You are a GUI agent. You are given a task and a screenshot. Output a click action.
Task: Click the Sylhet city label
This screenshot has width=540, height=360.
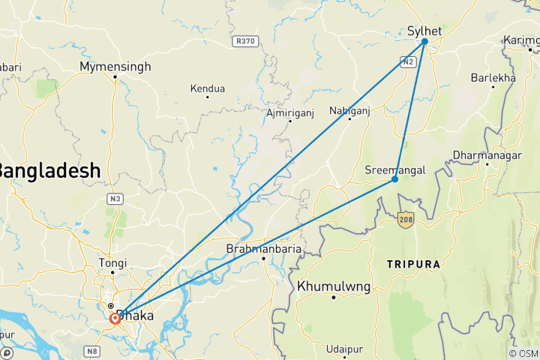pyautogui.click(x=424, y=31)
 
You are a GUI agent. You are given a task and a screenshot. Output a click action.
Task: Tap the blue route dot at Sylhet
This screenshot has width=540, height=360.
pyautogui.click(x=424, y=41)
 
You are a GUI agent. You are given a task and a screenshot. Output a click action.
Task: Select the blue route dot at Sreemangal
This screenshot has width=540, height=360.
pyautogui.click(x=395, y=179)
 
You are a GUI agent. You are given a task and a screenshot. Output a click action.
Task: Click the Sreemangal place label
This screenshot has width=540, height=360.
pyautogui.click(x=394, y=169)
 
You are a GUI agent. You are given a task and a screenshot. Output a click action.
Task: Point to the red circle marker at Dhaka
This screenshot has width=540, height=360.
pyautogui.click(x=115, y=318)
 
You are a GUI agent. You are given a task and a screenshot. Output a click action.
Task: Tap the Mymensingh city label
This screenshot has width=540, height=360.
pyautogui.click(x=115, y=66)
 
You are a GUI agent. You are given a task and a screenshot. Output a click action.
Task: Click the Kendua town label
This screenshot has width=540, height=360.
pyautogui.click(x=208, y=88)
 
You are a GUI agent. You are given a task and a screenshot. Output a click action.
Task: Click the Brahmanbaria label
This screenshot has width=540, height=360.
pyautogui.click(x=264, y=249)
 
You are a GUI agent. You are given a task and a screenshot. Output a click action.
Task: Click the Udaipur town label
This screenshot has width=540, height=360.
pyautogui.click(x=344, y=349)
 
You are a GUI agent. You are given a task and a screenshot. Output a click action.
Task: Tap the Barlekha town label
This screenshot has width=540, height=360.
pyautogui.click(x=493, y=77)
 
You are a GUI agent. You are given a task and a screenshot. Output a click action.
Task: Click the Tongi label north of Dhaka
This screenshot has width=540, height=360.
pyautogui.click(x=112, y=262)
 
